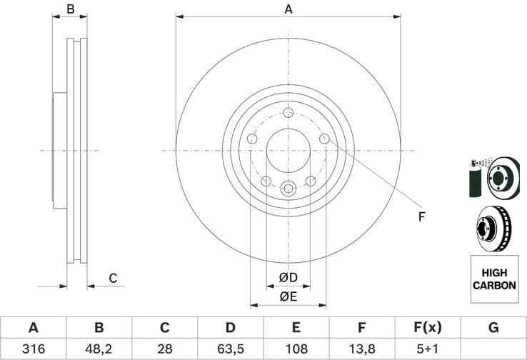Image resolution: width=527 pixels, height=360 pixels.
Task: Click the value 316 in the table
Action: [x=33, y=349]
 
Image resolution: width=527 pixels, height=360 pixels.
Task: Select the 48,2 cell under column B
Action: [x=99, y=349]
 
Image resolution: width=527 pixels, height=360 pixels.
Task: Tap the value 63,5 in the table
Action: [x=231, y=349]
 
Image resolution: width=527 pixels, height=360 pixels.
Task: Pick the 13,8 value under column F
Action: [x=362, y=349]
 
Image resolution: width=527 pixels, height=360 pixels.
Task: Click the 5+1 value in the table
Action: [x=428, y=349]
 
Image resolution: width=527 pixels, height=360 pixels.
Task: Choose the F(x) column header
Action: [x=428, y=328]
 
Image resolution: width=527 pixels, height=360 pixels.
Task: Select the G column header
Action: [x=493, y=328]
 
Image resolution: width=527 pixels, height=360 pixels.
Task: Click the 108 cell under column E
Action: [x=296, y=349]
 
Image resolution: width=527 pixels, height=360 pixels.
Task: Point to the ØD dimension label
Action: [x=288, y=277]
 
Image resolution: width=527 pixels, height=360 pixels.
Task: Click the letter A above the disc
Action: [x=288, y=9]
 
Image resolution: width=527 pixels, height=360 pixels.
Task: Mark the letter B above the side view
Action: [x=70, y=9]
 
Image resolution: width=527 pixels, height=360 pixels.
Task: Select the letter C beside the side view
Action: [x=112, y=278]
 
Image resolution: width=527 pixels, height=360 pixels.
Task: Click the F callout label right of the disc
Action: [x=421, y=216]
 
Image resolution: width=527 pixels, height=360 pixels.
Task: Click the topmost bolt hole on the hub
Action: [x=288, y=113]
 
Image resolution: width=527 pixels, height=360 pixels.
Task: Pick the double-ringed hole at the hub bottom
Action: [x=288, y=189]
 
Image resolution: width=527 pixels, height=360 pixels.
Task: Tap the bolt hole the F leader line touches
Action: [x=324, y=139]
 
